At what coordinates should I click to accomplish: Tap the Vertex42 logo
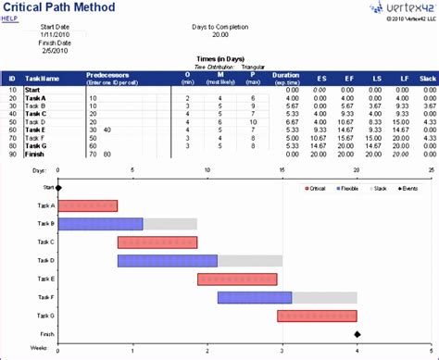394,8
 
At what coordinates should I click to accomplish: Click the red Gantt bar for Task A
88,205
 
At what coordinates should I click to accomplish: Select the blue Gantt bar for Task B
100,224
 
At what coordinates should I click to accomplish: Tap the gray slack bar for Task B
169,224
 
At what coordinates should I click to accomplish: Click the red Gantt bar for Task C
157,242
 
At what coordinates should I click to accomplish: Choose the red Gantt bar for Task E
236,279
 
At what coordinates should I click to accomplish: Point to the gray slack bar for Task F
324,297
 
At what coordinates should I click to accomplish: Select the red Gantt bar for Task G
317,316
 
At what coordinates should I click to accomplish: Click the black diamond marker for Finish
357,334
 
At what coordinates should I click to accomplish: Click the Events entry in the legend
408,188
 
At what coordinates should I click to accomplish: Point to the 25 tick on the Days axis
431,171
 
